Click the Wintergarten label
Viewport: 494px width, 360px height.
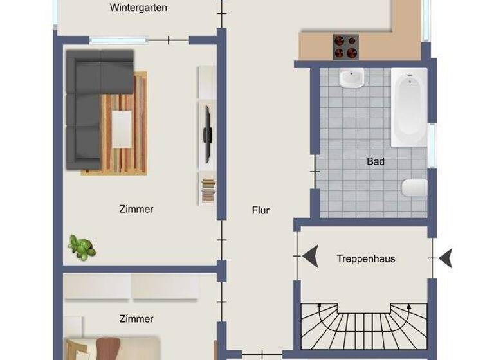point(138,8)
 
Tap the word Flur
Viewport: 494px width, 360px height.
point(261,210)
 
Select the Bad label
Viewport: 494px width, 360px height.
point(376,161)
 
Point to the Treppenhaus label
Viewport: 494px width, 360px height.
point(365,259)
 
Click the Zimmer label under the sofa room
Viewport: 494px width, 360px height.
point(136,209)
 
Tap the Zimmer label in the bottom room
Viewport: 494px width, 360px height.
point(136,319)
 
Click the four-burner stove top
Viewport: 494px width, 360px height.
point(345,46)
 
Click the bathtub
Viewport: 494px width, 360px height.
point(409,107)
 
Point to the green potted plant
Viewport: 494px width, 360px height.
point(82,248)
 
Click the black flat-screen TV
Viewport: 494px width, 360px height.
point(207,134)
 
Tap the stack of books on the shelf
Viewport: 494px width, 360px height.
point(208,191)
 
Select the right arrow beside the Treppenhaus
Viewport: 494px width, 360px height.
point(445,258)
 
